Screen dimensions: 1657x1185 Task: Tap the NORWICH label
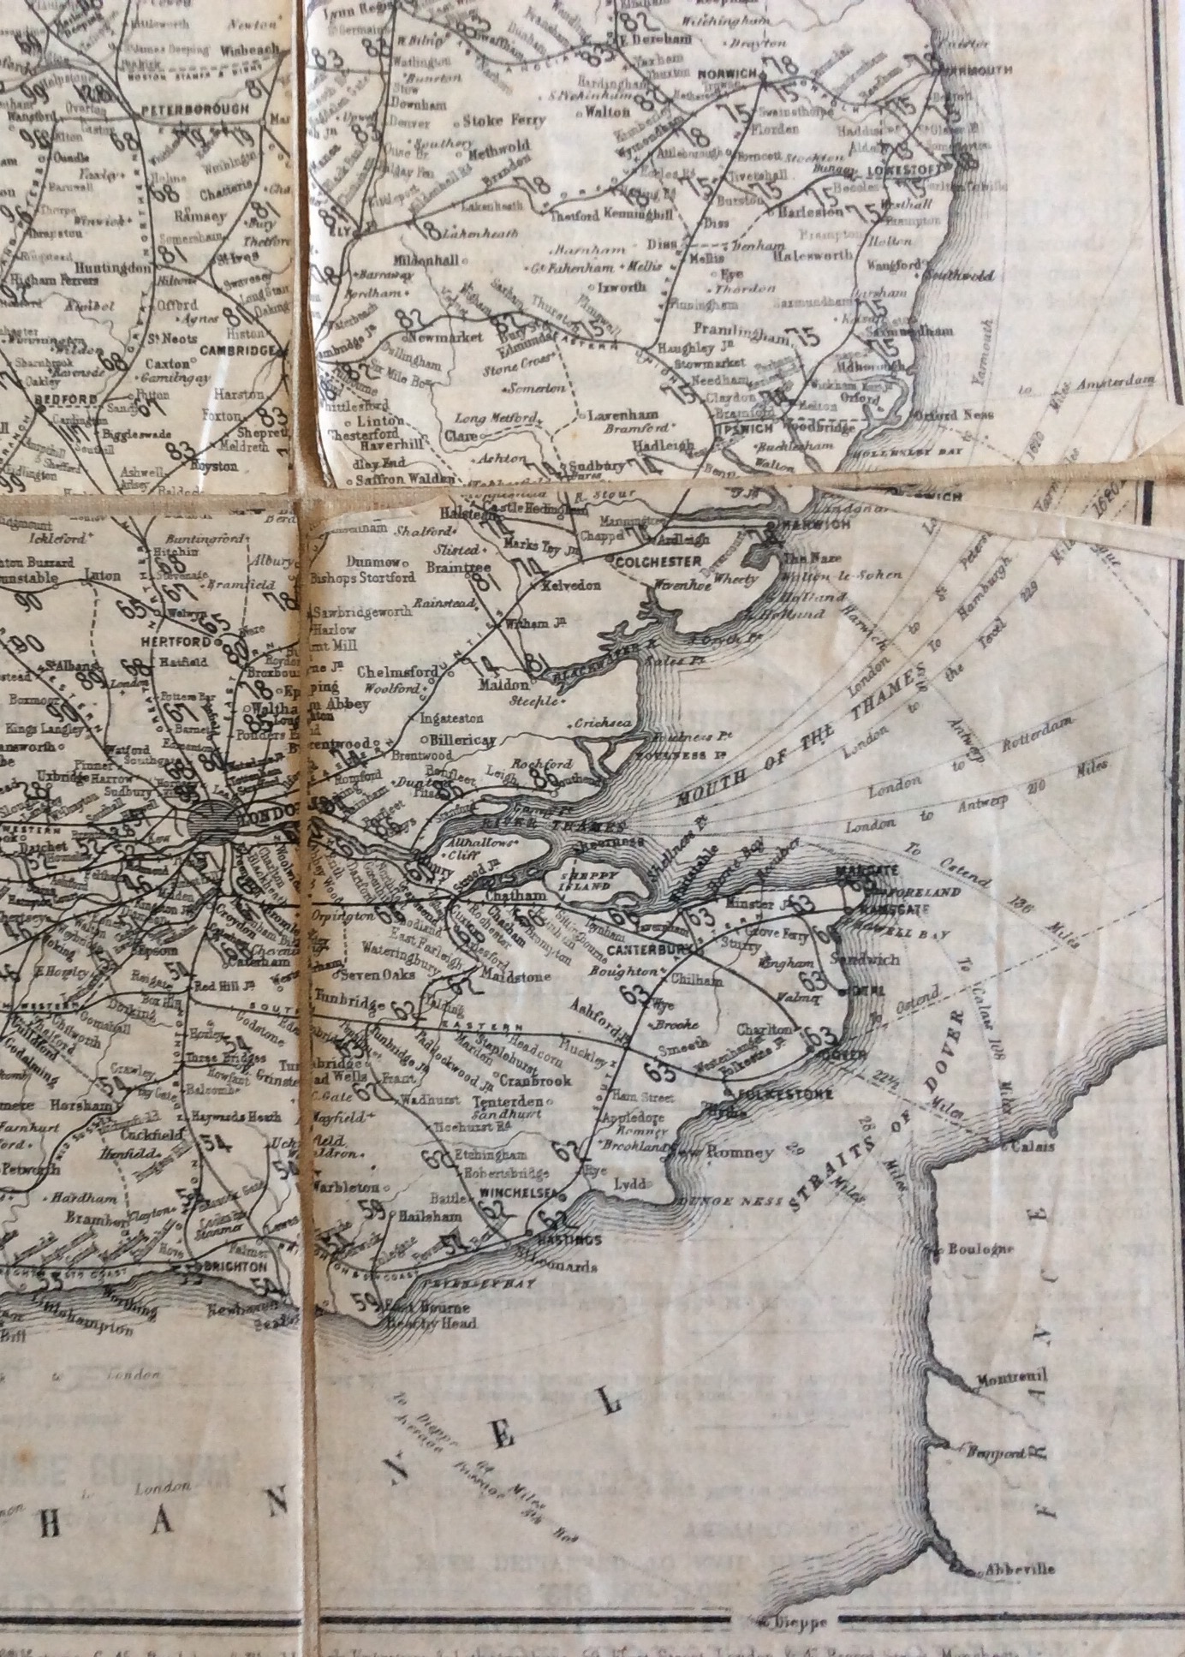coord(727,75)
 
